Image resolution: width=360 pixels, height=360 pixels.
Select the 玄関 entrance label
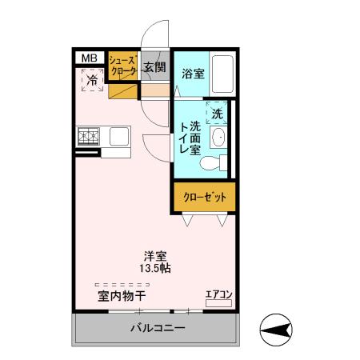pyautogui.click(x=155, y=66)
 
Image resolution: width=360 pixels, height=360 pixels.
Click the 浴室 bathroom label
pyautogui.click(x=193, y=74)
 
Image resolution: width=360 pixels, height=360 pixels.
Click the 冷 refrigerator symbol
pyautogui.click(x=92, y=80)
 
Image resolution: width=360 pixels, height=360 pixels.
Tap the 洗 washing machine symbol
pyautogui.click(x=218, y=113)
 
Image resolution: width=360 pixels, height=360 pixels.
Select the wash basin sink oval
pyautogui.click(x=218, y=137)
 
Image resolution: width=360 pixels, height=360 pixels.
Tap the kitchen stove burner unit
pyautogui.click(x=88, y=137)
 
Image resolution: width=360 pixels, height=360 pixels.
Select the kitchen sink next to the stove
pyautogui.click(x=119, y=136)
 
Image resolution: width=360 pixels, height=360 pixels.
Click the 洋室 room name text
pyautogui.click(x=154, y=256)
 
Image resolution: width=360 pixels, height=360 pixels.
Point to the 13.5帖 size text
pyautogui.click(x=154, y=269)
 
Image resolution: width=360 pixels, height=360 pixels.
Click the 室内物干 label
pyautogui.click(x=122, y=296)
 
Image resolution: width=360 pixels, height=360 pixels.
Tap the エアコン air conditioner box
pyautogui.click(x=218, y=295)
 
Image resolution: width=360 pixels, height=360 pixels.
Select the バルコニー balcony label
pyautogui.click(x=158, y=329)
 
